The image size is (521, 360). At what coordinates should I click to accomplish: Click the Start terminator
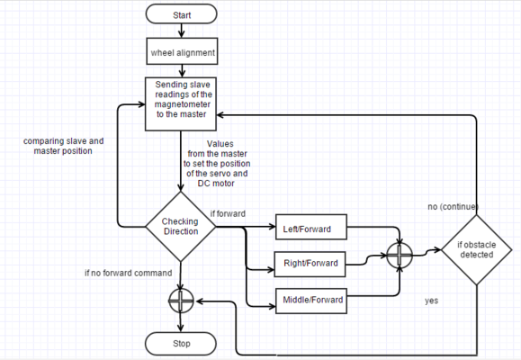click(x=182, y=14)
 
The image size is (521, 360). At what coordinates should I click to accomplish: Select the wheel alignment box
click(x=182, y=51)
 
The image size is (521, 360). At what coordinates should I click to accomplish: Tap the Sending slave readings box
click(x=181, y=104)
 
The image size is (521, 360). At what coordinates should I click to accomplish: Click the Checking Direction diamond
click(x=181, y=227)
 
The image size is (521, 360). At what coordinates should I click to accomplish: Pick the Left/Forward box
click(x=311, y=227)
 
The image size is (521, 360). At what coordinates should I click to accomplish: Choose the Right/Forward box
click(x=310, y=265)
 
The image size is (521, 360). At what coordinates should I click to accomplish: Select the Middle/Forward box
click(x=311, y=301)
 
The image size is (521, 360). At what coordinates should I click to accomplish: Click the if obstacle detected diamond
click(x=477, y=249)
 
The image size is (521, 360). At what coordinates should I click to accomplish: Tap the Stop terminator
click(x=181, y=344)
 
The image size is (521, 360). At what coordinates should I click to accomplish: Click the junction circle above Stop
click(x=181, y=301)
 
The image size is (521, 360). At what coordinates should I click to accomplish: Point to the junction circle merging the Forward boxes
click(x=400, y=255)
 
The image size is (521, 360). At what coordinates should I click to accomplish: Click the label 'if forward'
click(x=228, y=213)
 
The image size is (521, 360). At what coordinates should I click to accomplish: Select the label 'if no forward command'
click(x=129, y=273)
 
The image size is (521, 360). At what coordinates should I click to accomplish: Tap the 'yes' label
click(x=431, y=301)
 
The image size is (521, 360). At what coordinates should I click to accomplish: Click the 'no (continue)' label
click(x=454, y=207)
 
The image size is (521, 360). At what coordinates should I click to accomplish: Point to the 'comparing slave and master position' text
click(x=64, y=146)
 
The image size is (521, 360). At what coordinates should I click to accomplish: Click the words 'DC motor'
click(x=216, y=184)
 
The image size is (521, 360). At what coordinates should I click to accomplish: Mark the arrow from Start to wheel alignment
click(x=182, y=31)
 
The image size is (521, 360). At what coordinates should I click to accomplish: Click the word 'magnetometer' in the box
click(x=183, y=104)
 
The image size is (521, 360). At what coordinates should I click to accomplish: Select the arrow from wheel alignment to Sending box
click(x=182, y=71)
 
